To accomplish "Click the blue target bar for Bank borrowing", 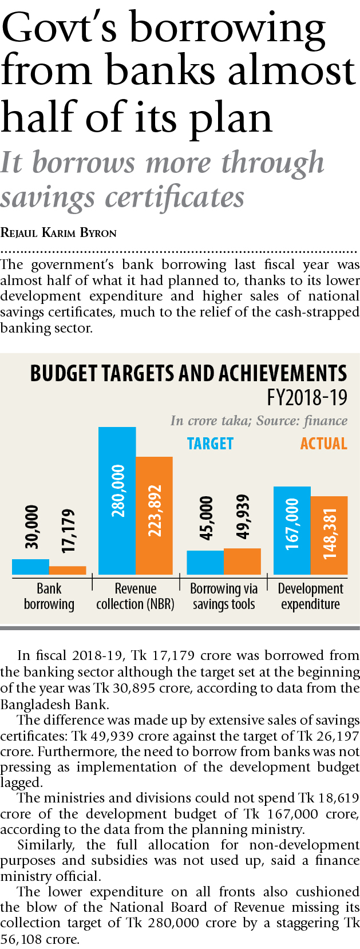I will point(30,567).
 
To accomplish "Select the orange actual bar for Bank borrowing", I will point(68,570).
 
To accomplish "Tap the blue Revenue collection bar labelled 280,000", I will point(117,501).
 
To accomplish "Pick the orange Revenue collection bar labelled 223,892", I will point(154,515).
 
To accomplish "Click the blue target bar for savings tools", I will point(205,562).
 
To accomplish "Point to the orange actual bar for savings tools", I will point(242,561).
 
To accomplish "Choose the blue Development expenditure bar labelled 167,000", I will point(292,530).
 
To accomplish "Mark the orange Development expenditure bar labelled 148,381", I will point(329,535).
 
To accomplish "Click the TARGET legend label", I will point(210,444).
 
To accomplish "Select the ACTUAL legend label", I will point(323,444).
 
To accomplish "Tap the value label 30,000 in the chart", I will point(31,527).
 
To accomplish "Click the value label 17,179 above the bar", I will point(68,531).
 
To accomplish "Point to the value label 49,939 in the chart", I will point(243,517).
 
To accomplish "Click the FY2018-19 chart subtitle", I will point(307,397).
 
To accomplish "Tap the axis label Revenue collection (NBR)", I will point(136,596).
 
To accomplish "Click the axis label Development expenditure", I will point(310,596).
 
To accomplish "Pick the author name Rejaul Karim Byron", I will point(58,232).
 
